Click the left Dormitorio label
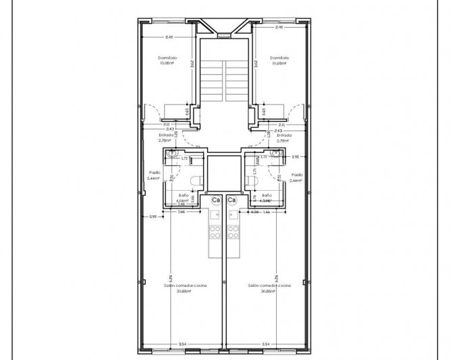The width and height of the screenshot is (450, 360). (168, 58)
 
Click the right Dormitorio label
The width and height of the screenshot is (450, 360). (279, 58)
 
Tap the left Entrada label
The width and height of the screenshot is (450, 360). (166, 135)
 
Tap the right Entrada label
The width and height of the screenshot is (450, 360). (284, 135)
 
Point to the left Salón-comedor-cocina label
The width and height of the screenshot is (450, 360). (185, 286)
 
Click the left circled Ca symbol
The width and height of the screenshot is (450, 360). (217, 200)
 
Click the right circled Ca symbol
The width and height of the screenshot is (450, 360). (232, 200)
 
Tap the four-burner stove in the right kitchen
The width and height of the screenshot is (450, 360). (233, 232)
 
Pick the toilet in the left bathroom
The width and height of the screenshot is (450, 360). (195, 181)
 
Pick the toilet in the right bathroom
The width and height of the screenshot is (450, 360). (254, 181)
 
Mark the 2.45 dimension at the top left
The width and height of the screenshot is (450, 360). (168, 37)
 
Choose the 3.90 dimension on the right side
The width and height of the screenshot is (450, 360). (295, 157)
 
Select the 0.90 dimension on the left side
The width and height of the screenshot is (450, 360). (152, 217)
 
